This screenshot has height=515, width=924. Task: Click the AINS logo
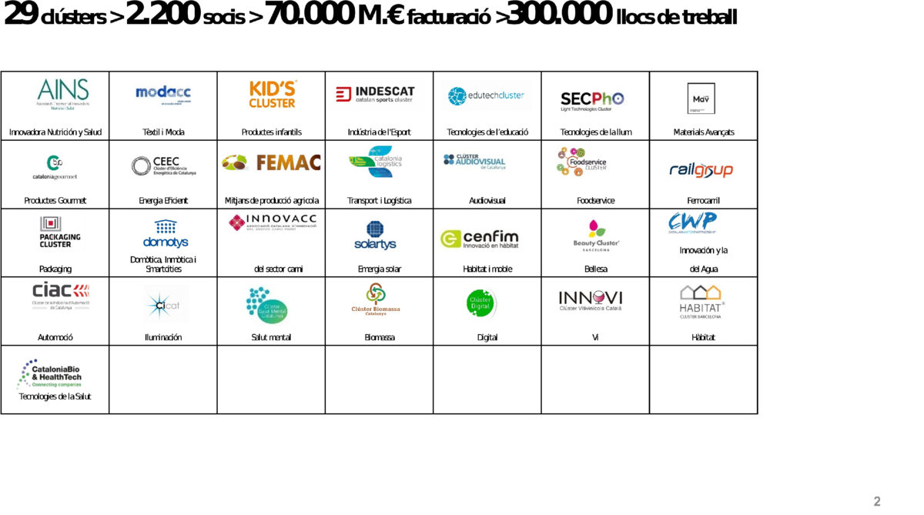coord(62,94)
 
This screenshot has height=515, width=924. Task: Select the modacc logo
coord(162,94)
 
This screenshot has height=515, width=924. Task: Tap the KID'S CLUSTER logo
coord(272,94)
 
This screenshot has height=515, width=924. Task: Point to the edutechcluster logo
coord(487,95)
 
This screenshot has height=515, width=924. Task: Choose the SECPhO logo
coord(594,99)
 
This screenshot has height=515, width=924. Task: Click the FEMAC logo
coord(272,162)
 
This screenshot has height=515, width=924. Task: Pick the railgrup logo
coord(701,170)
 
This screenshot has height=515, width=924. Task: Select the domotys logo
coord(165,234)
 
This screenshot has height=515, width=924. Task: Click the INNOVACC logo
coord(273,223)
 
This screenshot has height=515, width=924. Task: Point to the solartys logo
coord(375,236)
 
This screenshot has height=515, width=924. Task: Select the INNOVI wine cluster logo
coord(591,299)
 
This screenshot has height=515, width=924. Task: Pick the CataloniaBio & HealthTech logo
coord(51,375)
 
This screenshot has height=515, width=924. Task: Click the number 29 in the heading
coord(20,13)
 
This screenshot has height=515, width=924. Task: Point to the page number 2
coord(877,501)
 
